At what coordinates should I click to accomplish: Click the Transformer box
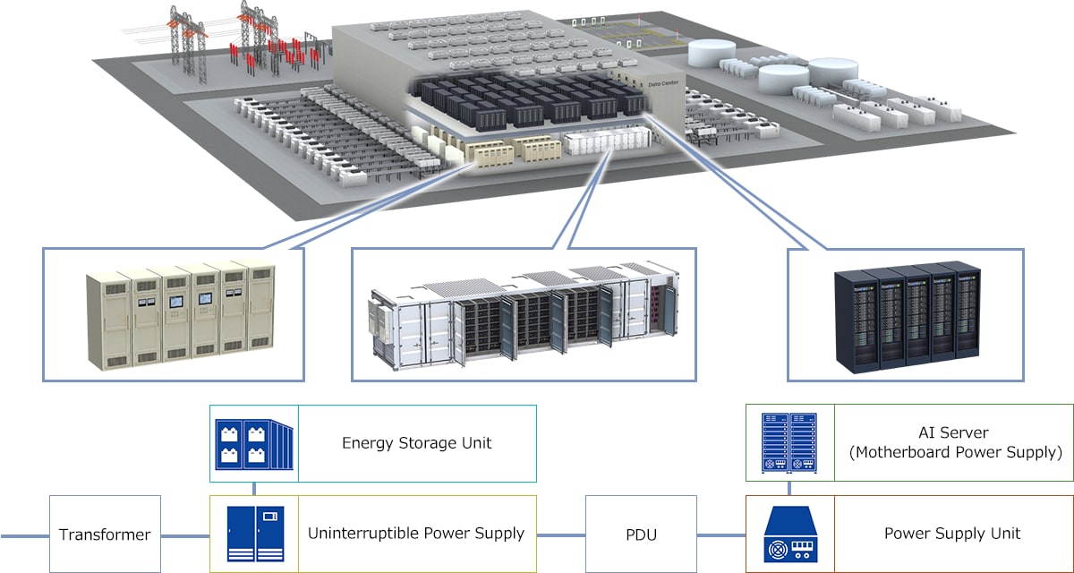pos(105,535)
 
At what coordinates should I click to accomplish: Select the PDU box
pos(641,535)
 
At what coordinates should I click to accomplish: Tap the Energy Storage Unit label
pos(416,443)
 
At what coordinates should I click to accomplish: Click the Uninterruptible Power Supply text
pos(416,534)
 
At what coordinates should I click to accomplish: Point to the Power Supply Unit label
pos(952,534)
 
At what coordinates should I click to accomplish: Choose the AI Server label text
pos(954,433)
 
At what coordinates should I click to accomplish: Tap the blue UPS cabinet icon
pos(255,534)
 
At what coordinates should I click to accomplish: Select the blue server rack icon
pos(789,443)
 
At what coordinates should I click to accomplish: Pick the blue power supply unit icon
pos(789,535)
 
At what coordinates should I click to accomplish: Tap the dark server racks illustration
pos(905,318)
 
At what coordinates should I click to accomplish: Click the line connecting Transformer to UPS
pos(185,535)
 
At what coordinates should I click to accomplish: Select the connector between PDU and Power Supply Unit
pos(720,535)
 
